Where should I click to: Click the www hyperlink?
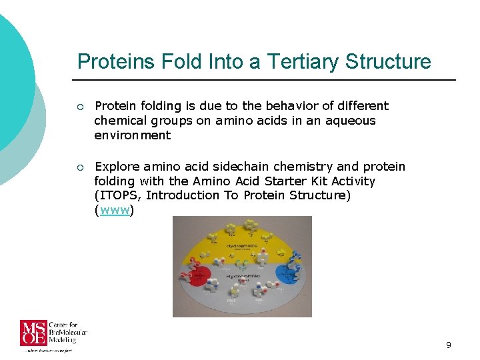(115, 211)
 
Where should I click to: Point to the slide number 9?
(449, 345)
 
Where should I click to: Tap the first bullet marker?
(80, 107)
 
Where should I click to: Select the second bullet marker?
(80, 167)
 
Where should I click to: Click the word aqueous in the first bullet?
(351, 121)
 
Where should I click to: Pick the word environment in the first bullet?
(132, 135)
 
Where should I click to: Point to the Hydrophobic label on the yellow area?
(243, 246)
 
